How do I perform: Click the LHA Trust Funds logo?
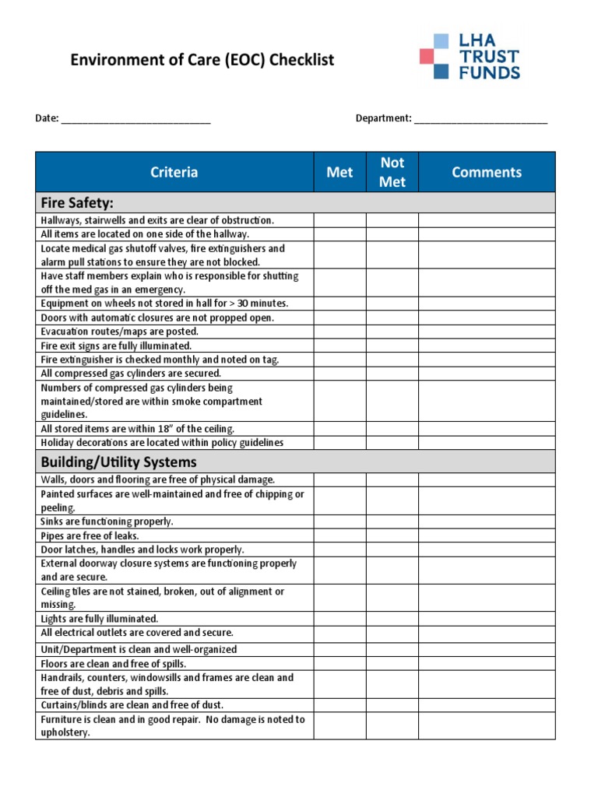click(470, 56)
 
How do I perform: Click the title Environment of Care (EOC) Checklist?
click(202, 60)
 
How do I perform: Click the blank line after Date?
click(135, 119)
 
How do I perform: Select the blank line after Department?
click(480, 119)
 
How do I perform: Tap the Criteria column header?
click(174, 172)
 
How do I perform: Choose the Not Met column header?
click(392, 172)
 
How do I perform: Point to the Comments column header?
click(487, 172)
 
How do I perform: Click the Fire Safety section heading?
click(77, 203)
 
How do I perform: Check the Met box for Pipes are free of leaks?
click(339, 536)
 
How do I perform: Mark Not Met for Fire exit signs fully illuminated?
click(392, 346)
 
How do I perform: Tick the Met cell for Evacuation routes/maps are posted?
click(339, 332)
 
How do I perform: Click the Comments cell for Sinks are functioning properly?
click(487, 522)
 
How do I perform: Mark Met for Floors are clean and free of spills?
click(339, 664)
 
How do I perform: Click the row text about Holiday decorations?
click(162, 443)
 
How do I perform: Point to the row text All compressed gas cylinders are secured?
click(131, 374)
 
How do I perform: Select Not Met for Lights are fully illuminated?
click(392, 620)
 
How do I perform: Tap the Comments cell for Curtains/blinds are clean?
click(487, 705)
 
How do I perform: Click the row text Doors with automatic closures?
click(157, 318)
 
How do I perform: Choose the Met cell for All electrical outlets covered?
click(339, 634)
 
